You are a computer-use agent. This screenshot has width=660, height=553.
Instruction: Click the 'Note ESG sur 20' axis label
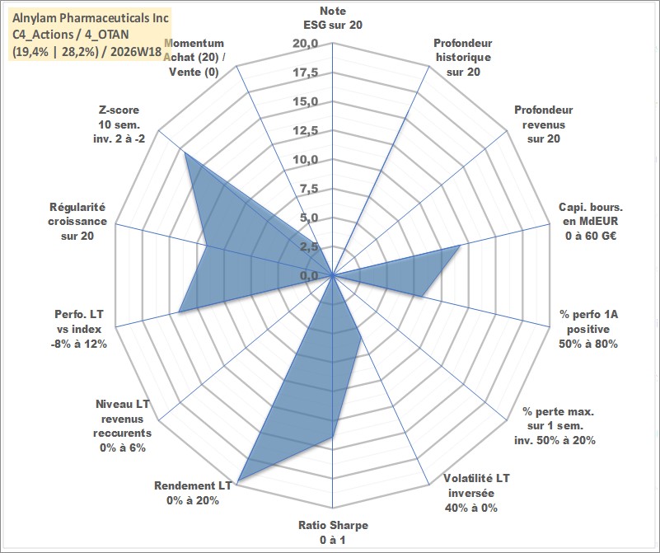click(x=333, y=17)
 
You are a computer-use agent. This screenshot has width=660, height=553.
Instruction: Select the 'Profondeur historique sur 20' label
click(x=463, y=57)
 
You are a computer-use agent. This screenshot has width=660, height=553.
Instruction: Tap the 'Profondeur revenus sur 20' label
click(x=543, y=124)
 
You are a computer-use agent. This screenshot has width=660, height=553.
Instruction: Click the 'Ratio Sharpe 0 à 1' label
click(x=333, y=532)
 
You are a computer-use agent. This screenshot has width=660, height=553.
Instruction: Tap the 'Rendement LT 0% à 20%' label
click(x=193, y=493)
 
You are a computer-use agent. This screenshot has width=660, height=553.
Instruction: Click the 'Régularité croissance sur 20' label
click(x=77, y=222)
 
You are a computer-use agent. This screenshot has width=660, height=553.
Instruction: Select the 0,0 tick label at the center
click(x=309, y=275)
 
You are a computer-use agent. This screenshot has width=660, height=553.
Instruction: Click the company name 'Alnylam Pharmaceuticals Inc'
click(x=91, y=18)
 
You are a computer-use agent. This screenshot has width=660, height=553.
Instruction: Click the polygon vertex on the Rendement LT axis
click(x=238, y=481)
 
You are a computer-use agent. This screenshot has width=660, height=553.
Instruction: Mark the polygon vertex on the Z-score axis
click(x=185, y=152)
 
